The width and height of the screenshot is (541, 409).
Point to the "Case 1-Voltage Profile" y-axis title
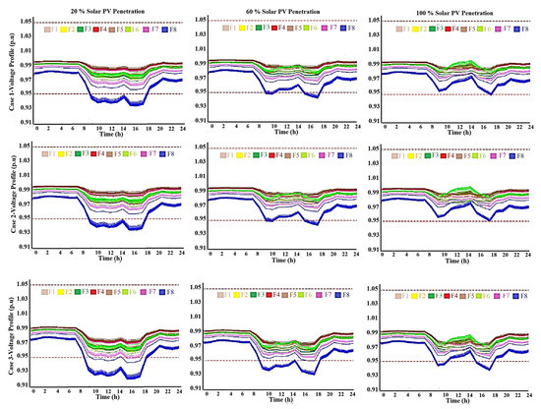point(7,74)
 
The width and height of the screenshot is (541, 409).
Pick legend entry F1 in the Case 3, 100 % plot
point(398,296)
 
